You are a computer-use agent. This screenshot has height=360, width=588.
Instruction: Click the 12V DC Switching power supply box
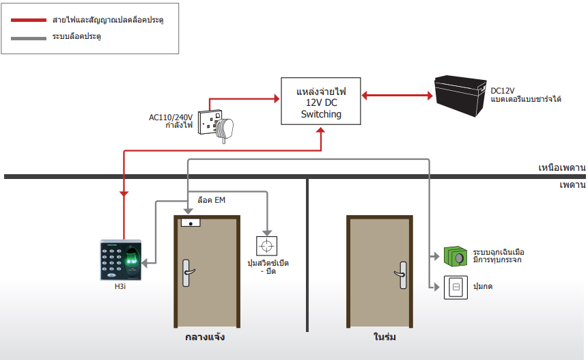(320, 101)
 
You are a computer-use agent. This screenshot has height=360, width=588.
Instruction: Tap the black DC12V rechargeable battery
(460, 96)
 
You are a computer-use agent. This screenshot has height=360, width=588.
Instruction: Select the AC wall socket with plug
(216, 125)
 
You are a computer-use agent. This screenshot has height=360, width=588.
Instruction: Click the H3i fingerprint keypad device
(121, 260)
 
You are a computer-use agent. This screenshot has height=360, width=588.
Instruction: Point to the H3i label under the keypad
(120, 286)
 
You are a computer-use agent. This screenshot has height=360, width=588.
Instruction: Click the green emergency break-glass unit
(456, 256)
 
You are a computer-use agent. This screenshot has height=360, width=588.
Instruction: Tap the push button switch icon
(456, 288)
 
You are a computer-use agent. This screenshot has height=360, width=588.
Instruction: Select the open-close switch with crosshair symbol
(266, 246)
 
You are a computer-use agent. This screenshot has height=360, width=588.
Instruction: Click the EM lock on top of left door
(191, 223)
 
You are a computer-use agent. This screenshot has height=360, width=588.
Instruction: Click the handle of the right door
(402, 275)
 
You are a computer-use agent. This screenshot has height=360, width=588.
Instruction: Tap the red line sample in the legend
(29, 20)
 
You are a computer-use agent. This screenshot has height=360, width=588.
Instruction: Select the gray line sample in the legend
(29, 38)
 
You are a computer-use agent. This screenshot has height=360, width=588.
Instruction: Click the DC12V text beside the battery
(503, 91)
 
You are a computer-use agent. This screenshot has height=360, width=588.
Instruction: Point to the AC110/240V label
(171, 117)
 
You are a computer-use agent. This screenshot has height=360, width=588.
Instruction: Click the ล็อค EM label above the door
(212, 200)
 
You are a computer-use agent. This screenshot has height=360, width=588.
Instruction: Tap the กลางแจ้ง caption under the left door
(205, 337)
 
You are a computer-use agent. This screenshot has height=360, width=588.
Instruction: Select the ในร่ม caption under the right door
(384, 337)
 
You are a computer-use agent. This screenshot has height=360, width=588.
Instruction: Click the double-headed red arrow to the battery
(397, 95)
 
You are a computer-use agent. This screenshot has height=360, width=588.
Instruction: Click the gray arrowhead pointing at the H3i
(145, 263)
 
